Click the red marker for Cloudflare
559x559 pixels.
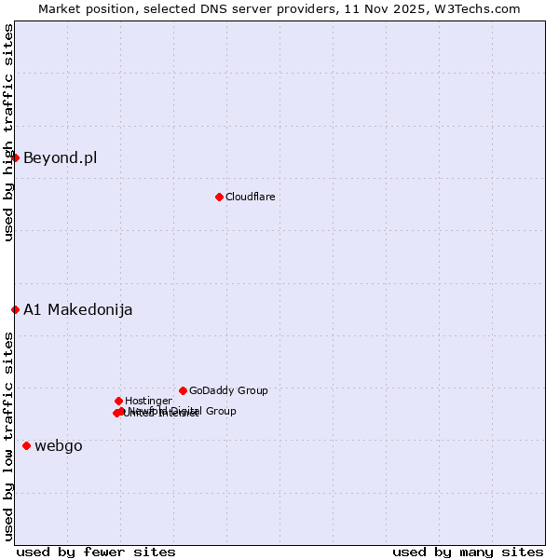(x=219, y=197)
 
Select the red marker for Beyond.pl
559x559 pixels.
(x=15, y=157)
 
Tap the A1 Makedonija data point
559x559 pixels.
(x=15, y=309)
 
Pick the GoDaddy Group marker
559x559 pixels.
(x=183, y=390)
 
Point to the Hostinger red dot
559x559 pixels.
(x=118, y=401)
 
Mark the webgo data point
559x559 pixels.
(x=26, y=445)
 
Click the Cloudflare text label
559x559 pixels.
(x=250, y=197)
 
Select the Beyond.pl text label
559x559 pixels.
(x=60, y=157)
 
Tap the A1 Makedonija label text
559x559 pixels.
(x=77, y=309)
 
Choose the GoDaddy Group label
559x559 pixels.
(x=228, y=390)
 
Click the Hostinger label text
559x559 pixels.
(x=148, y=401)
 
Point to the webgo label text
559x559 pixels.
(x=59, y=445)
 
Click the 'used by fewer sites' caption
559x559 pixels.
(x=96, y=552)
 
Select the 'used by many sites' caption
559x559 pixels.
(x=468, y=552)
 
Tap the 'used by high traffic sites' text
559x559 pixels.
(x=8, y=133)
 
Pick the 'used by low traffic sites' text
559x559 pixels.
(x=8, y=436)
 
